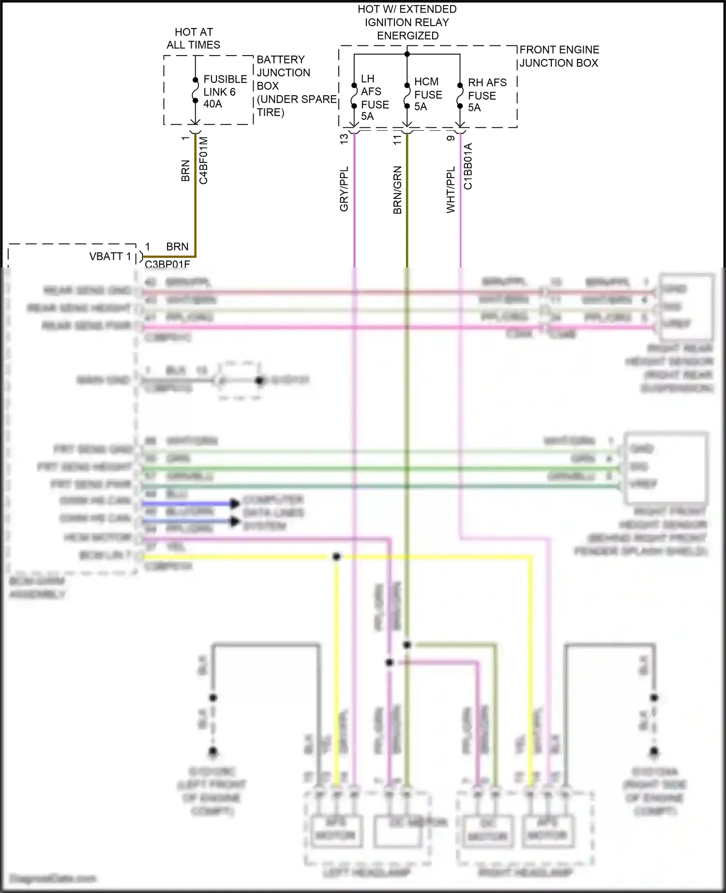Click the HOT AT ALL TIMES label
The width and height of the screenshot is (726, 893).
[x=194, y=39]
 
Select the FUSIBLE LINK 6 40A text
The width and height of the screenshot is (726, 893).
[x=225, y=91]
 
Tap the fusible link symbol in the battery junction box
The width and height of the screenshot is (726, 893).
[x=195, y=90]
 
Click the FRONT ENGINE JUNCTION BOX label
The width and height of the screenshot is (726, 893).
[x=559, y=56]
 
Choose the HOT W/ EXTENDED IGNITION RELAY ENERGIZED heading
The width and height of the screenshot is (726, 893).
[x=407, y=22]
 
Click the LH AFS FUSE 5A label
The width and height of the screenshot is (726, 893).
[x=375, y=97]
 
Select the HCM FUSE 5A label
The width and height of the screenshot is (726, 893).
[x=428, y=94]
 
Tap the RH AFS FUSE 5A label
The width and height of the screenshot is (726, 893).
[x=487, y=95]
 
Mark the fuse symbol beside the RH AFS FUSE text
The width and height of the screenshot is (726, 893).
[x=460, y=96]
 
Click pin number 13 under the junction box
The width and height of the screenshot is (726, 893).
[x=344, y=139]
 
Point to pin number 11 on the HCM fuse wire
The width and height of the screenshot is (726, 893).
[x=397, y=139]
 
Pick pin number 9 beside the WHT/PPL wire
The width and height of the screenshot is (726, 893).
[x=451, y=138]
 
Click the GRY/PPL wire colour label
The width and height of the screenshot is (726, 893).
[x=344, y=189]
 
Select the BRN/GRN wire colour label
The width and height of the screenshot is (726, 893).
[x=397, y=190]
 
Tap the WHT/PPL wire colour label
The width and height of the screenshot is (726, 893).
[x=451, y=190]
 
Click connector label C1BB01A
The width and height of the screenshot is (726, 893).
[x=468, y=166]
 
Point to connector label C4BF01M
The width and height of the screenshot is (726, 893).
[x=203, y=160]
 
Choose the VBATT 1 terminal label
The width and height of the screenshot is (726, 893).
[x=110, y=256]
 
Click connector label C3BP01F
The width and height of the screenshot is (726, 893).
[x=167, y=264]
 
